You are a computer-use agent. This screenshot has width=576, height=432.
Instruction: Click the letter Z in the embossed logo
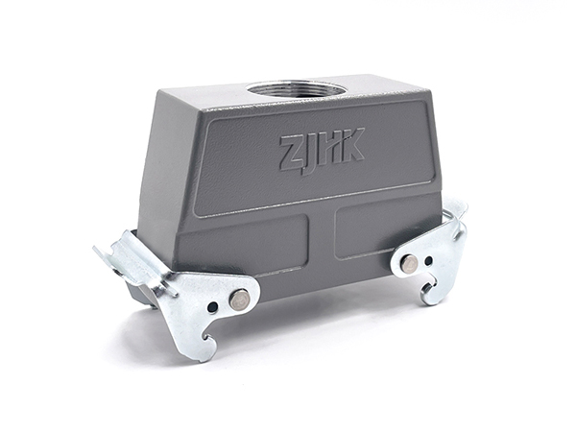(x=294, y=153)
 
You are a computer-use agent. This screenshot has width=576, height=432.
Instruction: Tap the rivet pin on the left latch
(x=239, y=299)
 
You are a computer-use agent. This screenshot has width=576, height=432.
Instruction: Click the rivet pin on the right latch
(x=409, y=264)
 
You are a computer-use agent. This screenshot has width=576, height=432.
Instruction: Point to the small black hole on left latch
(x=212, y=307)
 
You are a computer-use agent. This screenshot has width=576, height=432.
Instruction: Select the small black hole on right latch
(x=428, y=261)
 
